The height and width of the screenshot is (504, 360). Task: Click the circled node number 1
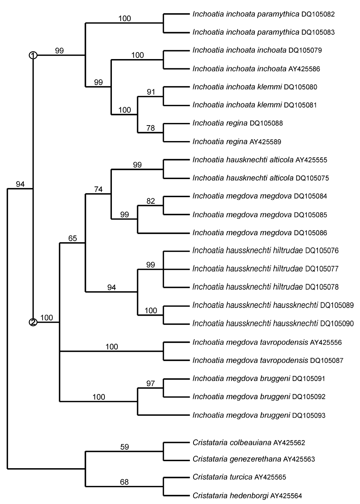pyautogui.click(x=33, y=55)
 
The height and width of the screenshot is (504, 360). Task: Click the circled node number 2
pyautogui.click(x=33, y=322)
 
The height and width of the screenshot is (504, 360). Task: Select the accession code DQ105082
pyautogui.click(x=318, y=14)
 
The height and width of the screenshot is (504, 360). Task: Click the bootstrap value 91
pyautogui.click(x=151, y=92)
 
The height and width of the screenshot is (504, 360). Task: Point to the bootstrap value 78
pyautogui.click(x=151, y=128)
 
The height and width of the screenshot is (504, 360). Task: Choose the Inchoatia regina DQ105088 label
pyautogui.click(x=237, y=123)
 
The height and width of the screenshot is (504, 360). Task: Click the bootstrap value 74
pyautogui.click(x=98, y=189)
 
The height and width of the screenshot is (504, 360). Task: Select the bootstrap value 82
pyautogui.click(x=151, y=201)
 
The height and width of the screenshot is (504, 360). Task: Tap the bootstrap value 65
pyautogui.click(x=72, y=238)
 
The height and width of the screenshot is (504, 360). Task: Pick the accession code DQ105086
pyautogui.click(x=310, y=233)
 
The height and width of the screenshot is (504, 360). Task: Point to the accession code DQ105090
pyautogui.click(x=337, y=324)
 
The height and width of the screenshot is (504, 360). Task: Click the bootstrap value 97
pyautogui.click(x=151, y=384)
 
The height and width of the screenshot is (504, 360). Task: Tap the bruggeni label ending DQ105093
pyautogui.click(x=259, y=415)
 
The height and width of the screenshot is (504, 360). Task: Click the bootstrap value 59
pyautogui.click(x=125, y=447)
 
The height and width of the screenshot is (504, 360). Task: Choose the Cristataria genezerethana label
pyautogui.click(x=254, y=459)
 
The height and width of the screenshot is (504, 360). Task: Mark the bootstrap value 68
pyautogui.click(x=125, y=482)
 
